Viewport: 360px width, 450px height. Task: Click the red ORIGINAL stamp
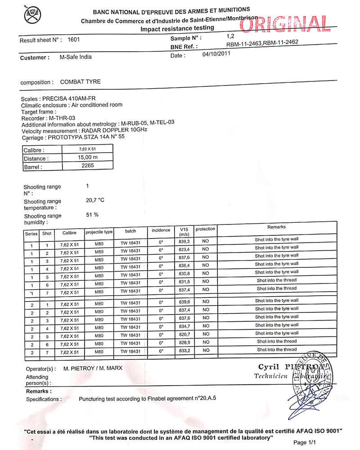[x=283, y=23]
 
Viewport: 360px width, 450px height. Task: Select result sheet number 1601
[x=73, y=40]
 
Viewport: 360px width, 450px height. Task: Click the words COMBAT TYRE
[x=81, y=82]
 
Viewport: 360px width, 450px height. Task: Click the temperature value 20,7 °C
[x=95, y=200]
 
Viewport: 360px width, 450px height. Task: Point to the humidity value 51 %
[x=92, y=215]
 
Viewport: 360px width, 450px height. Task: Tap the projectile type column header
[x=99, y=232]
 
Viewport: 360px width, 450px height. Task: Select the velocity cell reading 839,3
[x=184, y=242]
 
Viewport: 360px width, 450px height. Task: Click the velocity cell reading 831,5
[x=184, y=282]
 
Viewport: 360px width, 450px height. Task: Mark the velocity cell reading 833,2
[x=184, y=351]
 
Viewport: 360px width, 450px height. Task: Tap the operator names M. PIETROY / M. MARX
[x=93, y=368]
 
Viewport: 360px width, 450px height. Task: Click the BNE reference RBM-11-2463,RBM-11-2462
[x=262, y=43]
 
